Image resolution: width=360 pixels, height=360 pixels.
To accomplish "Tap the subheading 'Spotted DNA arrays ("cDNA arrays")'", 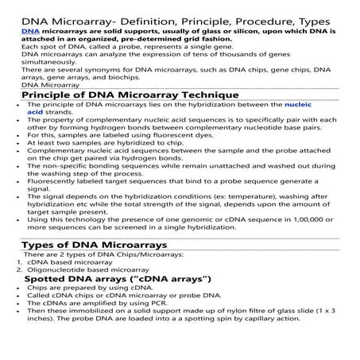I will [x=117, y=279].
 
